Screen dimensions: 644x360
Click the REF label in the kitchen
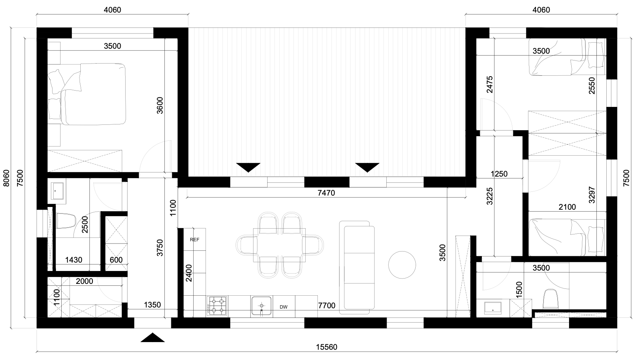pos(194,239)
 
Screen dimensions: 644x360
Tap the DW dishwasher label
pos(284,307)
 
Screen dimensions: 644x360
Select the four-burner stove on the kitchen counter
pos(217,306)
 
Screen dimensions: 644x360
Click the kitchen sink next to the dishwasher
pos(261,306)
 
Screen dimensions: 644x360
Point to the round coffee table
pos(402,265)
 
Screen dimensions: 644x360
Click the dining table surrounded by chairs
pos(279,245)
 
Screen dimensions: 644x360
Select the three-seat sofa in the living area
pos(357,268)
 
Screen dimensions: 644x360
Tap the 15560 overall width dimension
pos(327,347)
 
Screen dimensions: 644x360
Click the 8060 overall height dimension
pos(6,178)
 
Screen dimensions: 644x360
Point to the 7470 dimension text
pos(326,193)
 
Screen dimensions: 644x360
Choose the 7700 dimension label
pos(327,305)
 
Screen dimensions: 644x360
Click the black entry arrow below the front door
pos(153,338)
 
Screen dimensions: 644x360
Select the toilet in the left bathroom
pos(66,221)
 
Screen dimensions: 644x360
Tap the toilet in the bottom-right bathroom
pos(550,299)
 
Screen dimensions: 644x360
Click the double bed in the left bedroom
pos(87,94)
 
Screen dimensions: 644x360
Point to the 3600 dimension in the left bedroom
pos(160,105)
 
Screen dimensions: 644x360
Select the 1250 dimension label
pos(499,174)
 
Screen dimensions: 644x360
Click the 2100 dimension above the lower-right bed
pos(567,207)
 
